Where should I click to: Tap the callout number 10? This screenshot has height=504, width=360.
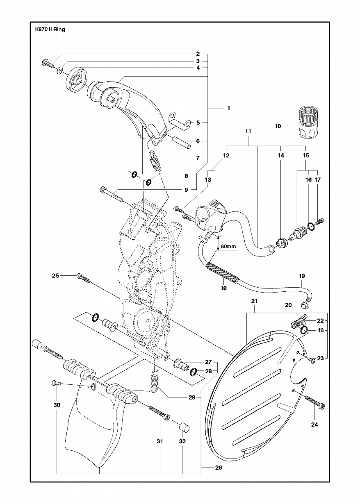278,126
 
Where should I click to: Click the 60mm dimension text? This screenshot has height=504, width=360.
228,246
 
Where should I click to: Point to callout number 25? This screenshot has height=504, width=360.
55,275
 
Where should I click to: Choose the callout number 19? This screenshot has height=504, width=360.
302,276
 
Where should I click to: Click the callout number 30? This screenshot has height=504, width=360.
57,405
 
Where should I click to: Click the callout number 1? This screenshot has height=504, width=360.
228,108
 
